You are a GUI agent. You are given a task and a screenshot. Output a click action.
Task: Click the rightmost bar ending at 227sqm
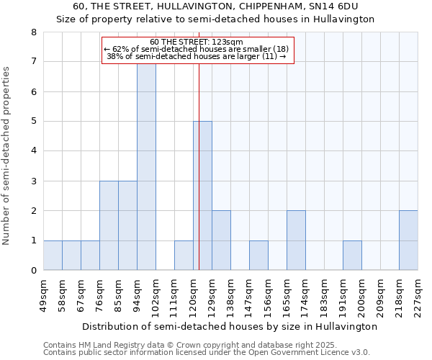point(408,240)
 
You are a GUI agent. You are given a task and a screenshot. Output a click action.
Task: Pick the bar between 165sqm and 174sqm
point(296,240)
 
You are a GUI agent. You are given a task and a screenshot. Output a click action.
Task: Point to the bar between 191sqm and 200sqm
point(352,256)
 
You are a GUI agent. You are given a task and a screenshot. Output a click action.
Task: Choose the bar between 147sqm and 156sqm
point(258,256)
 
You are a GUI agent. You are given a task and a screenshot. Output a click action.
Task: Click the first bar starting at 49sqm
point(53,256)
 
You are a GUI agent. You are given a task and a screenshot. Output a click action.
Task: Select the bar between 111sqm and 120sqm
point(184,256)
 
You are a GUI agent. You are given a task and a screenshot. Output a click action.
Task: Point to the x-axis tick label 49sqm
point(43,293)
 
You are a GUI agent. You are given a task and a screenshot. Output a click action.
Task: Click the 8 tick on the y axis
point(33,32)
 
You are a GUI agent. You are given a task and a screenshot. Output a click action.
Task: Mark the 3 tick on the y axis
point(33,181)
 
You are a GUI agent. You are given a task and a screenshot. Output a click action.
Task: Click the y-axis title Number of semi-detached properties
point(7,156)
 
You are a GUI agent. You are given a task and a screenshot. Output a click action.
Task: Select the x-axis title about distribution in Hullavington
point(230,326)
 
